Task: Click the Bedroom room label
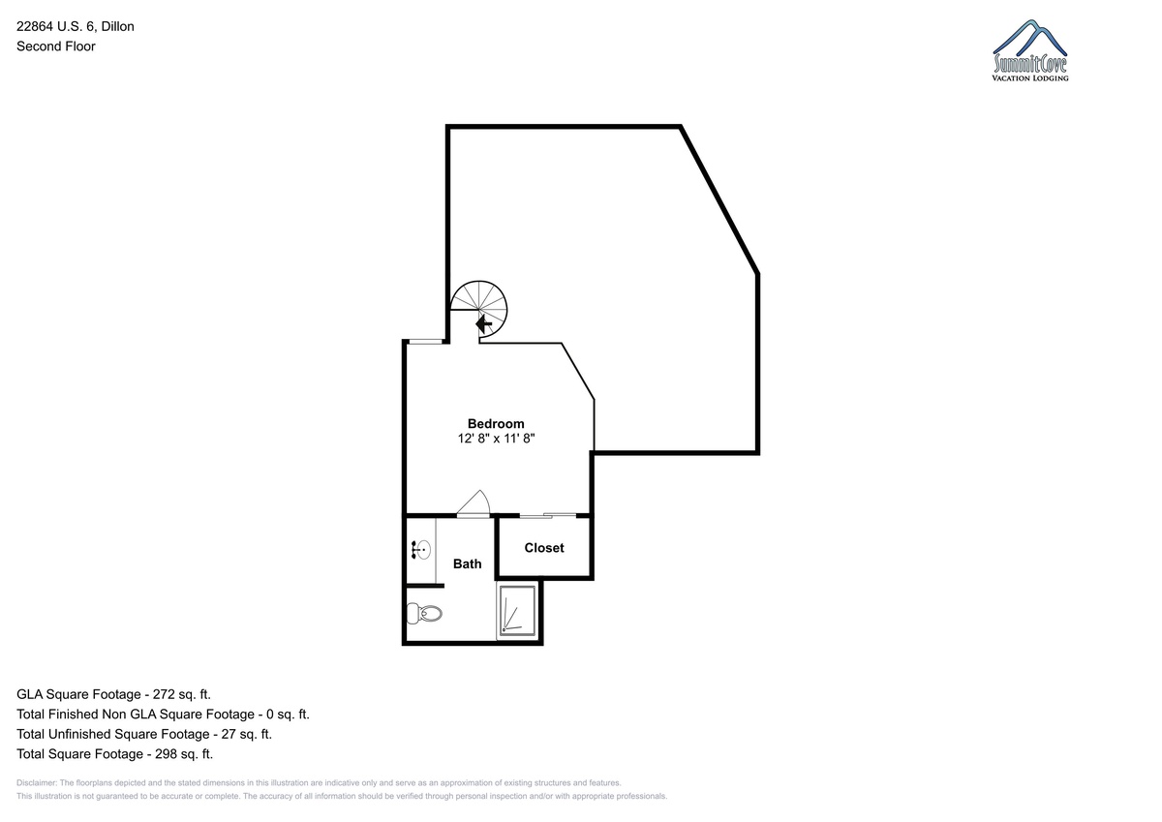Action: (x=496, y=424)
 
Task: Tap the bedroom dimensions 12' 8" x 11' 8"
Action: (x=496, y=439)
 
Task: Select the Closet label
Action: (x=544, y=548)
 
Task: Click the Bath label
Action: (x=468, y=563)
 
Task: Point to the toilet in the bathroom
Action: (x=424, y=613)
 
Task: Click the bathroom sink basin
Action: (x=423, y=550)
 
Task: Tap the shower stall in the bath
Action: (x=517, y=611)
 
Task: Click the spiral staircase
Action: (x=478, y=311)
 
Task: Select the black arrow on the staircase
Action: (x=484, y=324)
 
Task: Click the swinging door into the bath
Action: (x=474, y=504)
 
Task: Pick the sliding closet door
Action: (x=548, y=515)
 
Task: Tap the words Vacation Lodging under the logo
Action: (x=1030, y=78)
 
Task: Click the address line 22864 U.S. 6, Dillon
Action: (x=76, y=26)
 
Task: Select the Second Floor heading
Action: (x=56, y=46)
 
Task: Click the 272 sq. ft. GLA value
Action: (x=182, y=694)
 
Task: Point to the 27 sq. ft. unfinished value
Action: (x=246, y=734)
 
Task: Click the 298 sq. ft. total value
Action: (x=184, y=753)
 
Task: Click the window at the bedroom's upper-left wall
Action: (x=425, y=341)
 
